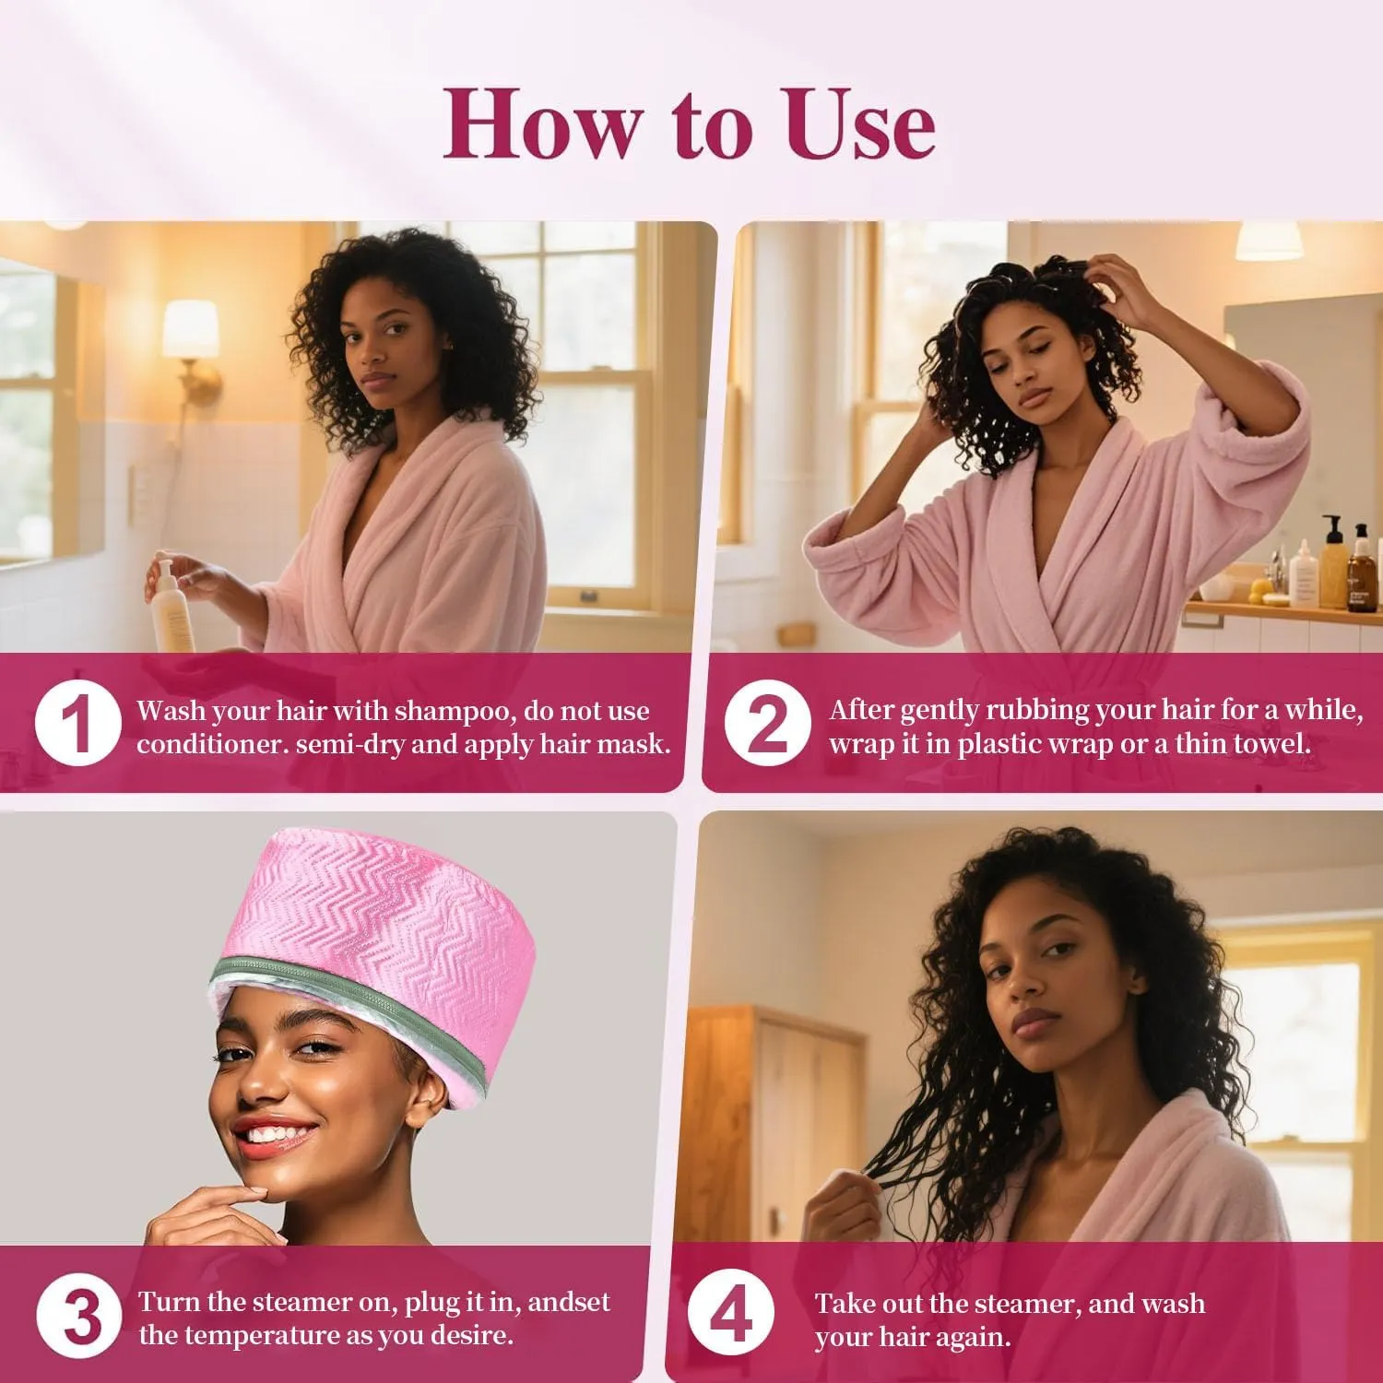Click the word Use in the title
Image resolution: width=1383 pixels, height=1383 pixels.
860,124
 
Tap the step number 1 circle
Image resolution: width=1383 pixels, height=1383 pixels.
78,723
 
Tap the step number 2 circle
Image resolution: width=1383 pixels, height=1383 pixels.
767,723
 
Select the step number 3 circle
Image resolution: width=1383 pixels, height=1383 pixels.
79,1316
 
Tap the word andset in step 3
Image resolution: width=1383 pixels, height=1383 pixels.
569,1302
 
